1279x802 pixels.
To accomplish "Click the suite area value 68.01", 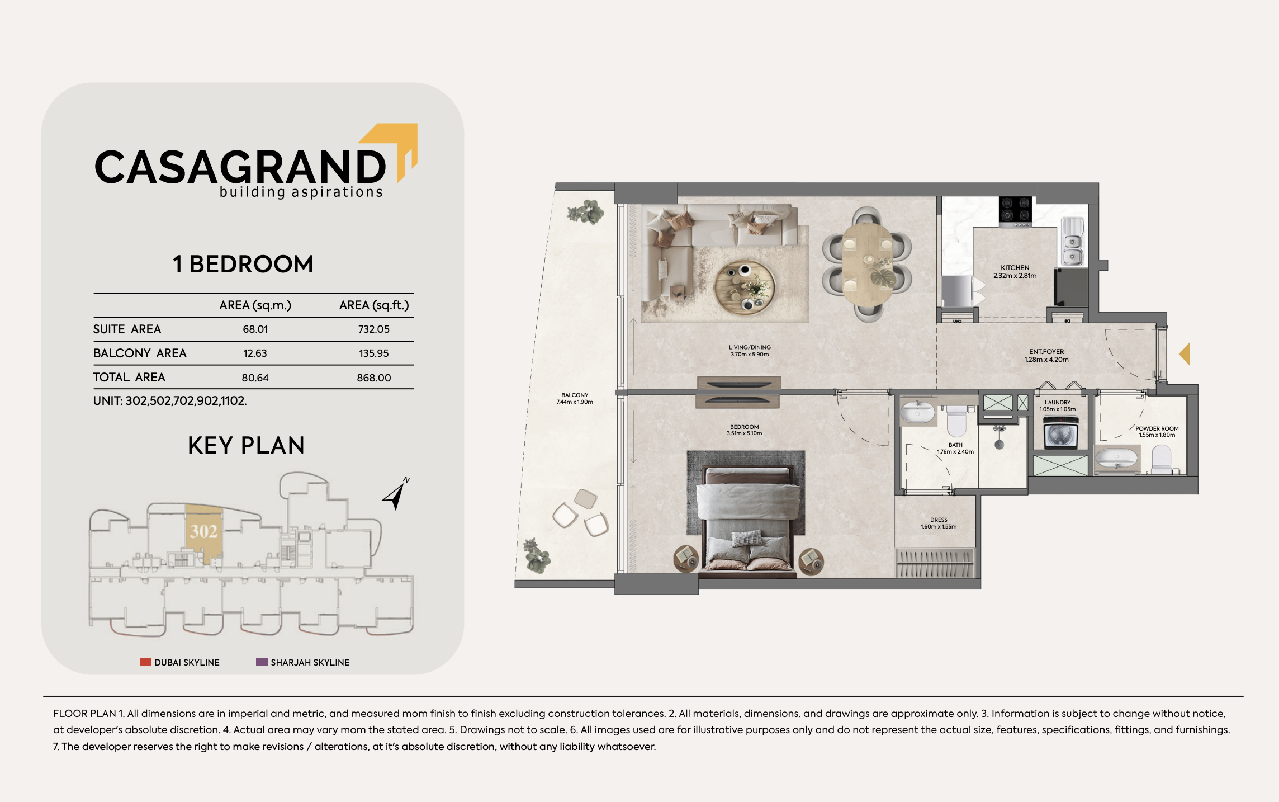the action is (x=255, y=329).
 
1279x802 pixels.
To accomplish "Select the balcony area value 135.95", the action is (x=374, y=353).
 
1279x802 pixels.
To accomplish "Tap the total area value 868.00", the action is (x=374, y=378).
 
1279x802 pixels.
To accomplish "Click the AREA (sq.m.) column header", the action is (x=255, y=305).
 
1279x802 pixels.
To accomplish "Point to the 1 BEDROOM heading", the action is (x=243, y=264).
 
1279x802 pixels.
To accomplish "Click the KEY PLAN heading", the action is (x=246, y=446).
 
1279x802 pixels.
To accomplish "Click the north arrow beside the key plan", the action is (x=396, y=493).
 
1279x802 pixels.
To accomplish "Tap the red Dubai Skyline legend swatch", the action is (x=145, y=662).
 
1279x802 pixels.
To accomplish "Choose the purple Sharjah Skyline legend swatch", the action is (x=262, y=662).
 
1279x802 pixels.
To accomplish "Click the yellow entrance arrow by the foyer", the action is (x=1185, y=354).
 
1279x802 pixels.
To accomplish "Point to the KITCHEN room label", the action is (x=1015, y=268).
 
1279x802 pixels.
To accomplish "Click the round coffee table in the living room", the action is (x=745, y=288).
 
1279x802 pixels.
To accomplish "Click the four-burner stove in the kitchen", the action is (x=1016, y=209).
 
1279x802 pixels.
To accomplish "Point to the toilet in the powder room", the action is (x=1162, y=459).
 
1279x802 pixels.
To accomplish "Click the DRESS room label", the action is (x=939, y=520).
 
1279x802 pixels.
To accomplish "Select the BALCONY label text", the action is (x=575, y=395).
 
